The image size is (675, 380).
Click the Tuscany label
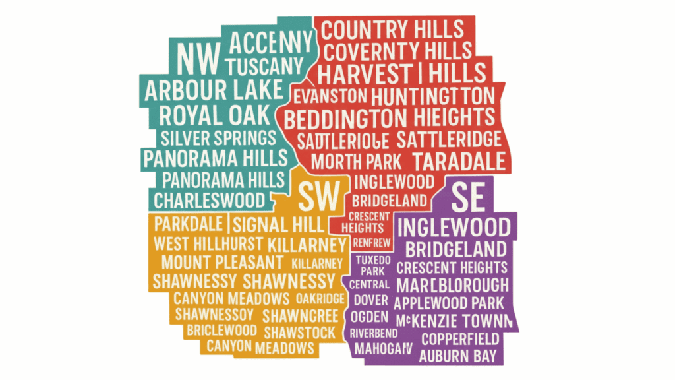264,66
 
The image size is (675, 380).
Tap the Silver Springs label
218,138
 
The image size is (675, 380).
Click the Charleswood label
209,199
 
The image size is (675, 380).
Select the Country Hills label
394,30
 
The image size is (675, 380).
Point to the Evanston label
330,96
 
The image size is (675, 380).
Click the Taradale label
459,161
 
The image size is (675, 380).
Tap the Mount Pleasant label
214,262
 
